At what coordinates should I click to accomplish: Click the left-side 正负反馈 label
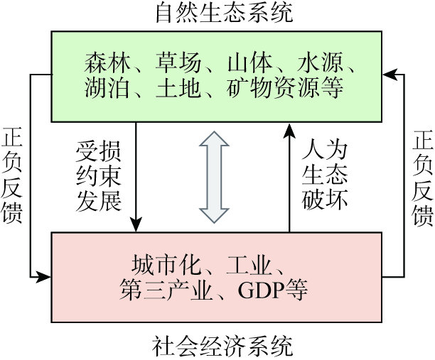click(x=12, y=175)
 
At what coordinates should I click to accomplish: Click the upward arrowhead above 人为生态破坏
click(x=289, y=129)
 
